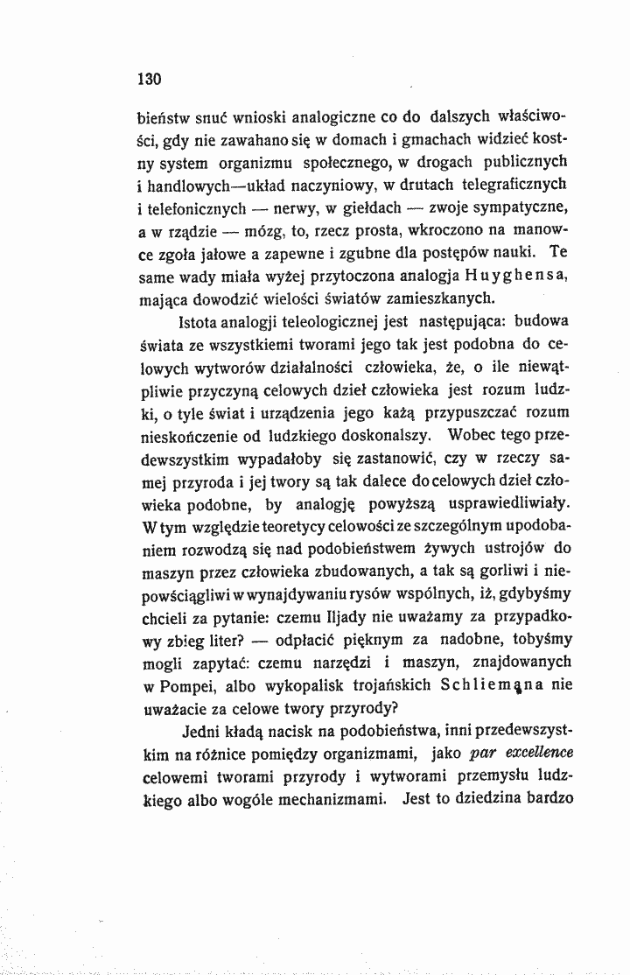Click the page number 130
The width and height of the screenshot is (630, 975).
(x=151, y=78)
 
